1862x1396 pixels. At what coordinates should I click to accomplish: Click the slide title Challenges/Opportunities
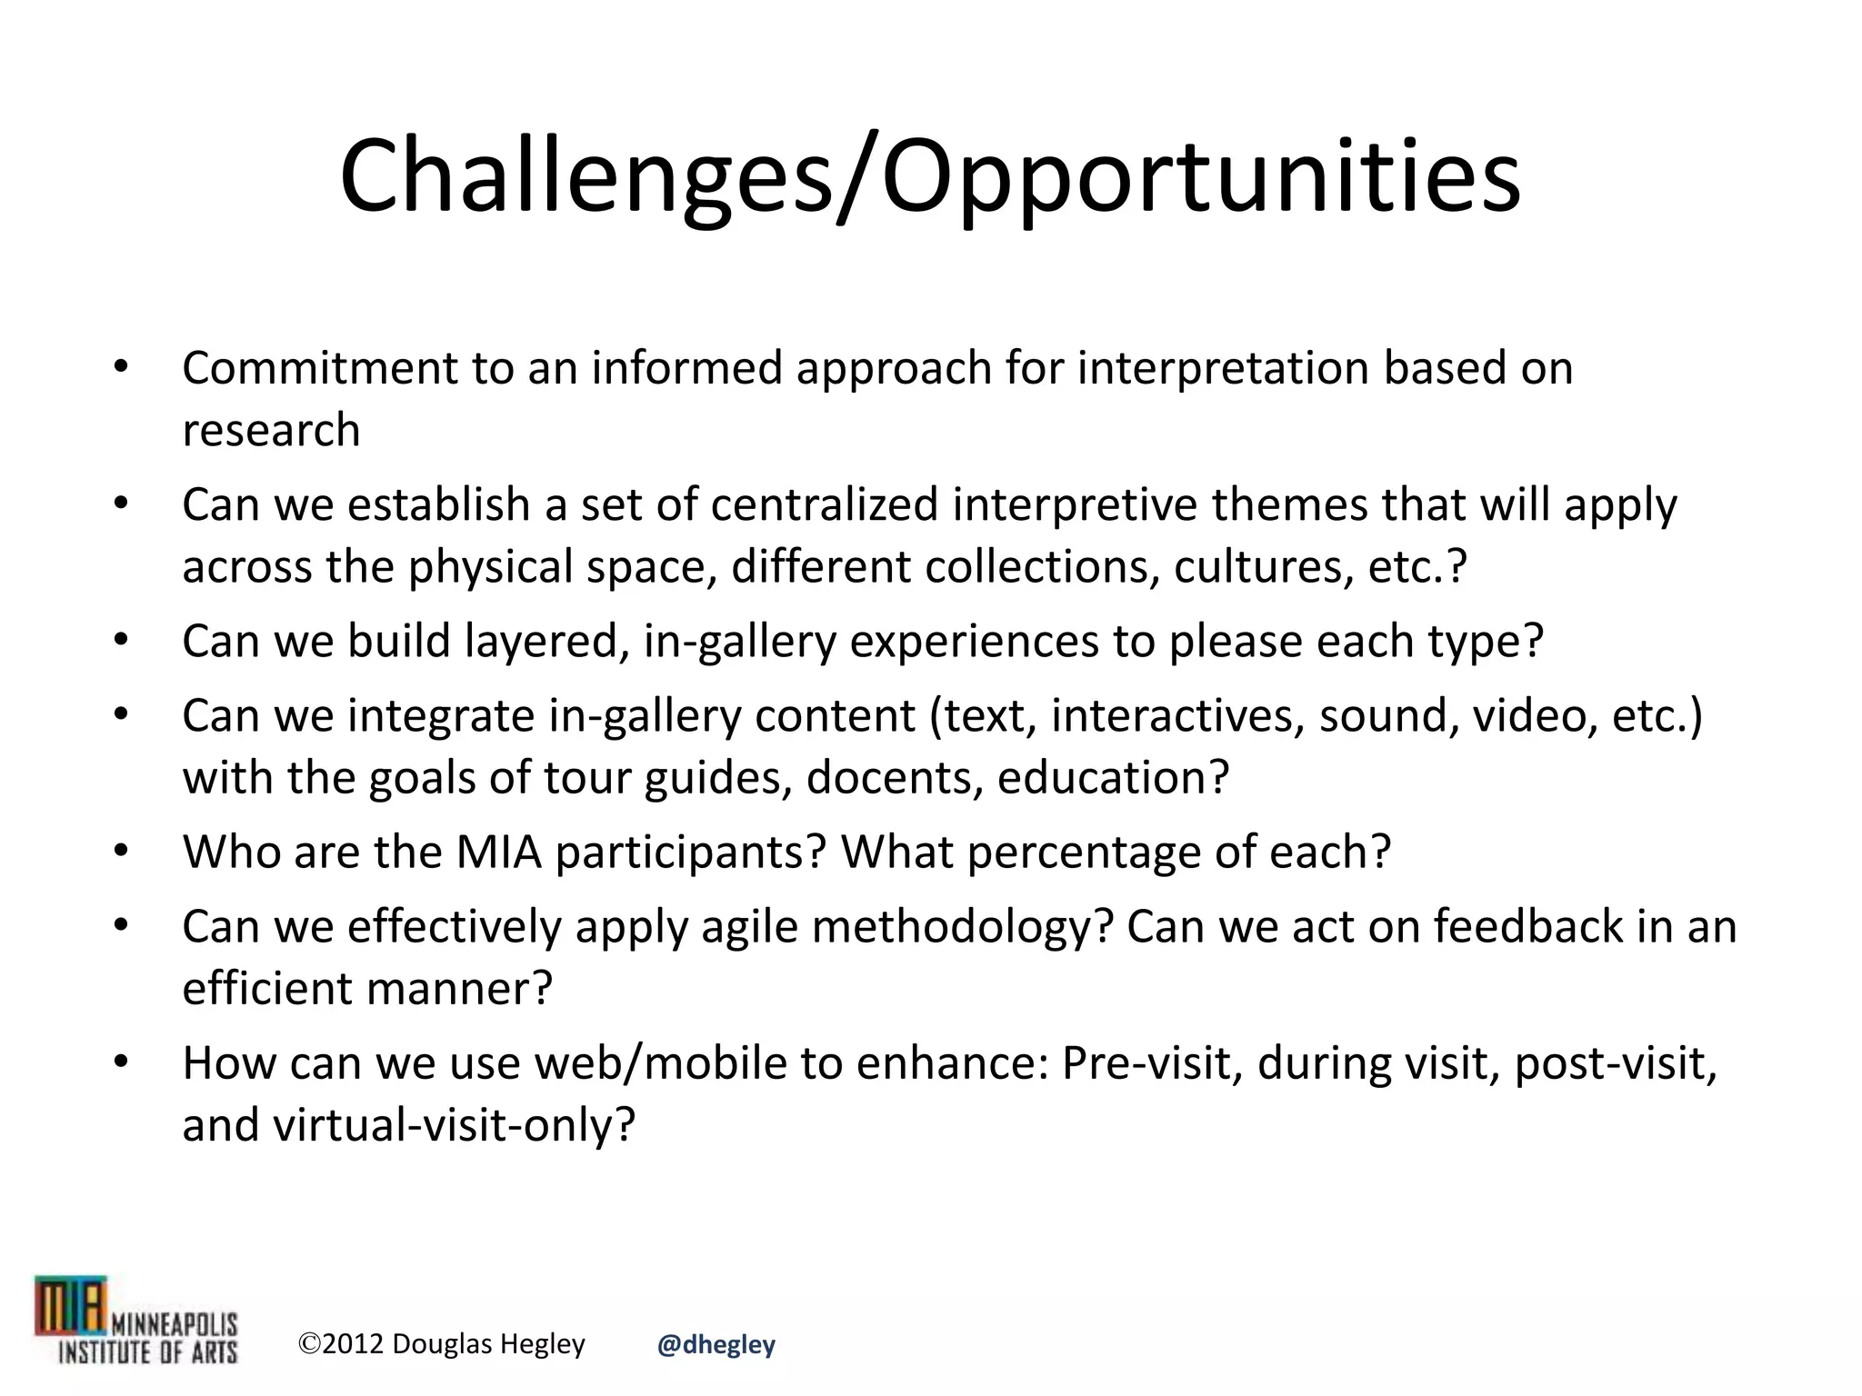(x=929, y=174)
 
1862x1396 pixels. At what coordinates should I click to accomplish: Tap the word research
(x=271, y=430)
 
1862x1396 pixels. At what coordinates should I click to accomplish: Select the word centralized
(x=824, y=504)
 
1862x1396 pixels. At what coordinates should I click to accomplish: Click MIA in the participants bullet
(x=498, y=852)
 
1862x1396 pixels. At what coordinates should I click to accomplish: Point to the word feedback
(x=1528, y=926)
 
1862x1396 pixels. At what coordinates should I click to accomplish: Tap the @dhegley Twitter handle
(x=716, y=1344)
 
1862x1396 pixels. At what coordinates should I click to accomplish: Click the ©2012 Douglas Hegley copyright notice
(x=442, y=1343)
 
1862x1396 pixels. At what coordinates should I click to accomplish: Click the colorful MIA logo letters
(x=71, y=1307)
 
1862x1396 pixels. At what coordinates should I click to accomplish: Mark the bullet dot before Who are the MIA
(x=121, y=852)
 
